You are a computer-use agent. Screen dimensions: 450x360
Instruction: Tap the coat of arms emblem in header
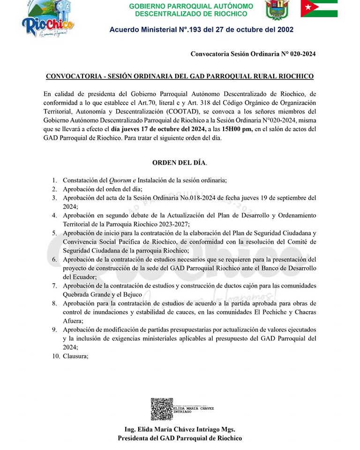[277, 10]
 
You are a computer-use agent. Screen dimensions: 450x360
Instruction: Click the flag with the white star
[319, 8]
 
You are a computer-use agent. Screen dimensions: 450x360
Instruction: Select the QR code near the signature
[162, 409]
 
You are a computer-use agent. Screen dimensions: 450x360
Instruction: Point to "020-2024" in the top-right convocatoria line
[303, 54]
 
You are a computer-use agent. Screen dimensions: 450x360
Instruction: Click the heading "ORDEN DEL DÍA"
[179, 163]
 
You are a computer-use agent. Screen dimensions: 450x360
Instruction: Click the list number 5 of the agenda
[54, 233]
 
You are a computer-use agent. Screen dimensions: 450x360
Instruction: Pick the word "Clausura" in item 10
[75, 356]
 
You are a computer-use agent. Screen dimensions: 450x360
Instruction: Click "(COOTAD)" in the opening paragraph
[180, 112]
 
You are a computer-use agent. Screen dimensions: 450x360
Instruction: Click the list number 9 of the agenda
[54, 330]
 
